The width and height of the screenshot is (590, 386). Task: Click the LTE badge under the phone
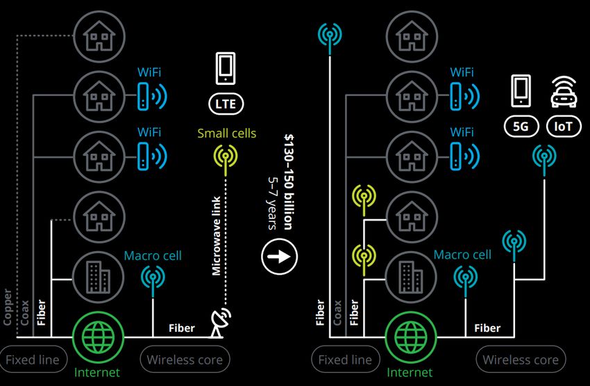[x=227, y=104]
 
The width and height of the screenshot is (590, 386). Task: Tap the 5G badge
[x=521, y=127]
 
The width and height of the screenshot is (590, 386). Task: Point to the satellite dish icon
[x=221, y=321]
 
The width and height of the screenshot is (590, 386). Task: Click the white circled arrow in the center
[x=280, y=256]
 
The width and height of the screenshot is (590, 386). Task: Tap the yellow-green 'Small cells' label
[x=226, y=134]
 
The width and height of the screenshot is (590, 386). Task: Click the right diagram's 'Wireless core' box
[x=521, y=360]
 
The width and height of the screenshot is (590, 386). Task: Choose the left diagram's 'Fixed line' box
[x=34, y=360]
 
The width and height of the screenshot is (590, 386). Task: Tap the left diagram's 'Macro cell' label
[x=153, y=256]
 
